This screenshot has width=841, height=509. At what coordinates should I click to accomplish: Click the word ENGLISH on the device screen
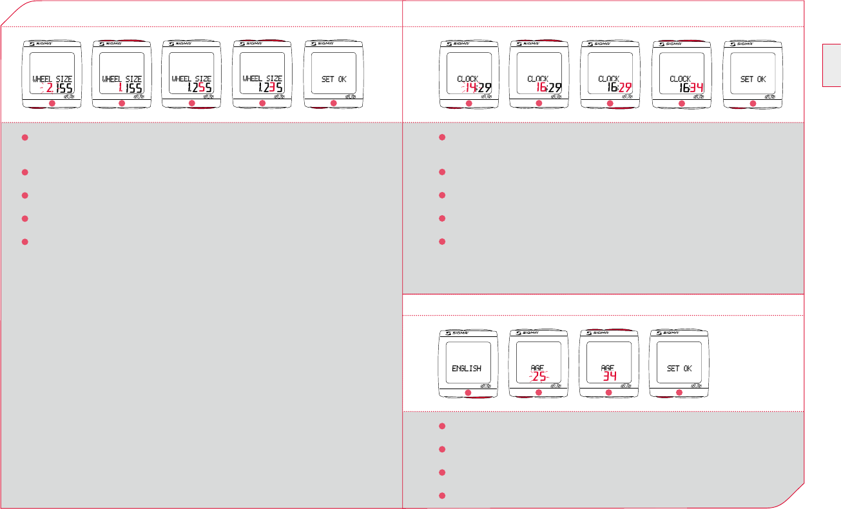coord(468,369)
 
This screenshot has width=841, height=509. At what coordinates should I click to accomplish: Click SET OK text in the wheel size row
coord(334,79)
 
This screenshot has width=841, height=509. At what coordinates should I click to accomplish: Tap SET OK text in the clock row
coord(753,79)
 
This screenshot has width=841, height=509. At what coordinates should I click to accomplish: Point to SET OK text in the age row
coord(679,369)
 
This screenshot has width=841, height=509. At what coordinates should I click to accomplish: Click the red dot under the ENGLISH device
coord(469,393)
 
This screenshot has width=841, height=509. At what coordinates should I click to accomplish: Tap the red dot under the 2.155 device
coord(52,104)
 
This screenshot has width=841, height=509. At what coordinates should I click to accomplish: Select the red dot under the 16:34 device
coord(682,104)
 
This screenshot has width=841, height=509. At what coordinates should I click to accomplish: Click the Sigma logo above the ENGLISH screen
coord(463,334)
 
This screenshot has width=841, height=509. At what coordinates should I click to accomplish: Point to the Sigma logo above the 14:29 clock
coord(463,44)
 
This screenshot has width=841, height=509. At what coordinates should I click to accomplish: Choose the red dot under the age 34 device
coord(608,393)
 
